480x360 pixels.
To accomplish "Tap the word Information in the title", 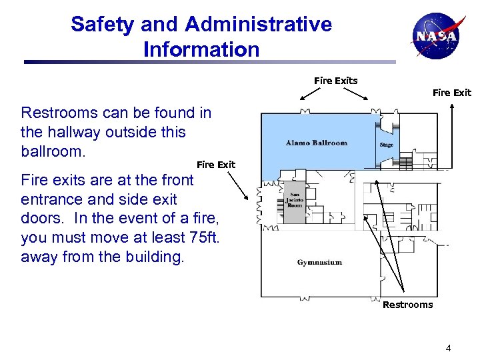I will (201, 49).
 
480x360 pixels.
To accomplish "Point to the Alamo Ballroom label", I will (316, 143).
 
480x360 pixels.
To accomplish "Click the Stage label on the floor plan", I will (387, 145).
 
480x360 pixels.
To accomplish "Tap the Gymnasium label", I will (319, 262).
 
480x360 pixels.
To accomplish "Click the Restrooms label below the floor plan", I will (407, 305).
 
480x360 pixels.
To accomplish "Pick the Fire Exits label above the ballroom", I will (335, 81).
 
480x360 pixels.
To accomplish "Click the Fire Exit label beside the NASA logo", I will (451, 93).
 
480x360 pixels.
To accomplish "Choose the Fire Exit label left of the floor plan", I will (215, 165).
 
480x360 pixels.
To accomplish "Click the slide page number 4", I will (449, 347).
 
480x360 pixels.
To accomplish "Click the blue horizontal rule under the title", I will (209, 63).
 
